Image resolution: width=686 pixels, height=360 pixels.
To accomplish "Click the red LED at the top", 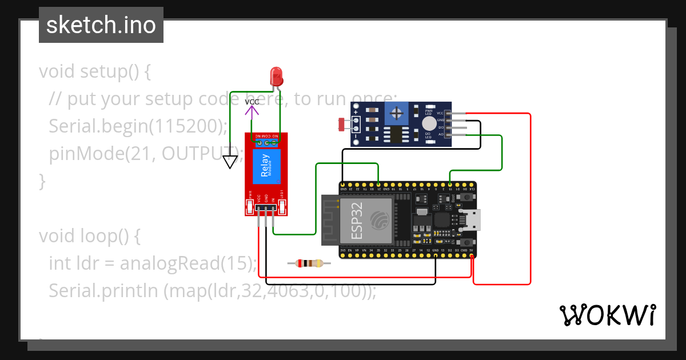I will (x=276, y=75).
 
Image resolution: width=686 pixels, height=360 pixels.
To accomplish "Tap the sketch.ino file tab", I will (x=101, y=25).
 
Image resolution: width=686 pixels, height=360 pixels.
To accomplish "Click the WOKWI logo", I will (x=607, y=315).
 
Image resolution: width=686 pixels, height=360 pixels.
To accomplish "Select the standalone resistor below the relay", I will (x=309, y=263).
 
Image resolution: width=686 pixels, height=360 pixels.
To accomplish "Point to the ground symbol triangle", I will (x=230, y=163).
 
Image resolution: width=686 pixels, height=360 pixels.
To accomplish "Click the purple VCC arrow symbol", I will (x=252, y=111).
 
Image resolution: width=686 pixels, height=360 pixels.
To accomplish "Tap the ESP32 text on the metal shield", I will (x=357, y=219).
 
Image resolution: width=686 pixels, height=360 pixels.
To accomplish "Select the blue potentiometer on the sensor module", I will (x=396, y=113).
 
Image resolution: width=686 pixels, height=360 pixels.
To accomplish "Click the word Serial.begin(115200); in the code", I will (x=138, y=126).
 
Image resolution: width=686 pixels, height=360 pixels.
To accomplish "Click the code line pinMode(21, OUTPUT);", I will (x=146, y=154).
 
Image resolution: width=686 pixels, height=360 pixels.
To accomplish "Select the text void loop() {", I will (x=89, y=235).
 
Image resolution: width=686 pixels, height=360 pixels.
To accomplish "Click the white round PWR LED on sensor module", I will (x=429, y=123).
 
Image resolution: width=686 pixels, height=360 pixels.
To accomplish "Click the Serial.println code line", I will (x=213, y=290).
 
